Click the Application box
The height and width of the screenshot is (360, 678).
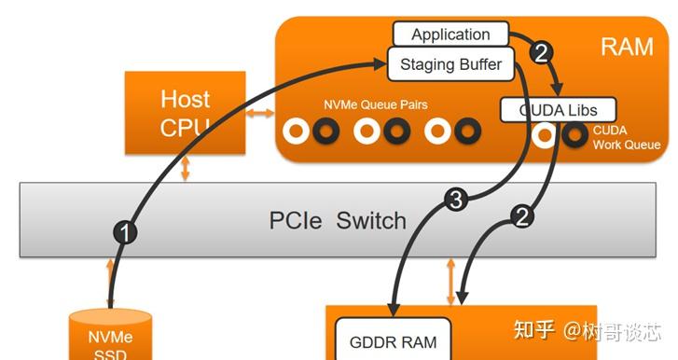pos(450,35)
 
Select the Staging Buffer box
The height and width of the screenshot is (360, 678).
pos(450,64)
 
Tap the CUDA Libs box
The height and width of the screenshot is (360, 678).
pos(557,110)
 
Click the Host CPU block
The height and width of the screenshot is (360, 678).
pos(185,113)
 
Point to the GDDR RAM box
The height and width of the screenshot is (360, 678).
pos(392,341)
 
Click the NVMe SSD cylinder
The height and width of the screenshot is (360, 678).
pos(111,336)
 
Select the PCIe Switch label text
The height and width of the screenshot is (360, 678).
pos(338,221)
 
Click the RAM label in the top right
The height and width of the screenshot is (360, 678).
pos(628,48)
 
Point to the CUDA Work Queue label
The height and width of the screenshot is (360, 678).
pos(626,138)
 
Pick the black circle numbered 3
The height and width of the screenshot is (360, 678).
pos(454,199)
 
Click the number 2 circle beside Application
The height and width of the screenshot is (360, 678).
pos(542,53)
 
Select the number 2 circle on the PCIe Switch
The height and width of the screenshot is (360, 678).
pos(523,216)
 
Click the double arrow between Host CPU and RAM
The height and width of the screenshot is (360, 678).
pos(260,114)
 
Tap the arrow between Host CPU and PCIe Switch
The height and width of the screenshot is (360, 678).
pos(187,169)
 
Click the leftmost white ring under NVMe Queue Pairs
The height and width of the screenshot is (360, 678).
pos(296,132)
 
